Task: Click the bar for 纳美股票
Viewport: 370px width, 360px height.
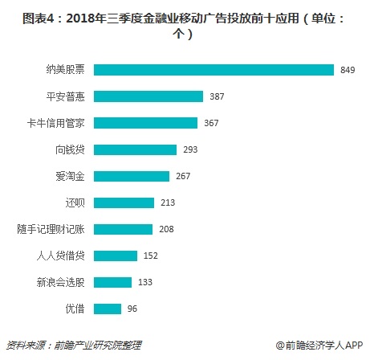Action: click(x=213, y=70)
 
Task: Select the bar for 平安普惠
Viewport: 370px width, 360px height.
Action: click(x=148, y=96)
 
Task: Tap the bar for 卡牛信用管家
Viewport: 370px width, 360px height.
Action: click(x=145, y=123)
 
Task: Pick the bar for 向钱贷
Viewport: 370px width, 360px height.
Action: click(x=135, y=149)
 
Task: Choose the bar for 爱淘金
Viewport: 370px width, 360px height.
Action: click(x=132, y=176)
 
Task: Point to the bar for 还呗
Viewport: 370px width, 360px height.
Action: click(x=124, y=202)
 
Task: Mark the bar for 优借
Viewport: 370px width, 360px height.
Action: click(x=108, y=309)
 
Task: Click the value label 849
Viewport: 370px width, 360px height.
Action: click(x=348, y=71)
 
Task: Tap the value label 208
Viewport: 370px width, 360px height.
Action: click(x=166, y=230)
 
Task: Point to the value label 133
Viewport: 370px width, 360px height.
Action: click(x=145, y=283)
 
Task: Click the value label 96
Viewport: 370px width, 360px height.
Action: click(x=132, y=309)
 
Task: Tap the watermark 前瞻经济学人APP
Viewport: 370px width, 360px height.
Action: click(x=318, y=344)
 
